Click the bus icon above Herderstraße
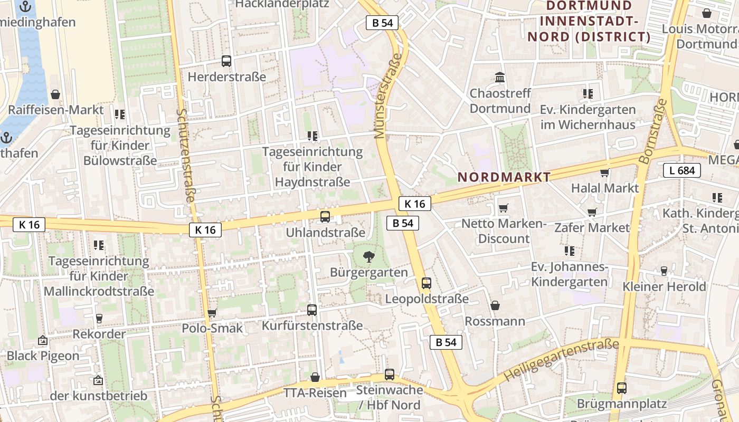[226, 61]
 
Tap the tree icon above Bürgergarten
[368, 257]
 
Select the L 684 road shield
[682, 170]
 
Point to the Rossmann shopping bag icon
[495, 305]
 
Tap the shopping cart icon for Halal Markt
[605, 172]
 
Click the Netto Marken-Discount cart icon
[503, 208]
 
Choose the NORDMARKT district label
[504, 177]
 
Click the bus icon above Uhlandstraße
[325, 216]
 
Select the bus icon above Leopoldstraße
[427, 283]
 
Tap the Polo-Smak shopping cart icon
[212, 313]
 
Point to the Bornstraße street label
[653, 131]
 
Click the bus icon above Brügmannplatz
[622, 388]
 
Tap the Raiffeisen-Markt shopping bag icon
[55, 94]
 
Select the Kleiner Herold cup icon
[664, 271]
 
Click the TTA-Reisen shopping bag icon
[315, 377]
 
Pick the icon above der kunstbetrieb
[98, 380]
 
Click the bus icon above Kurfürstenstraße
[312, 310]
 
